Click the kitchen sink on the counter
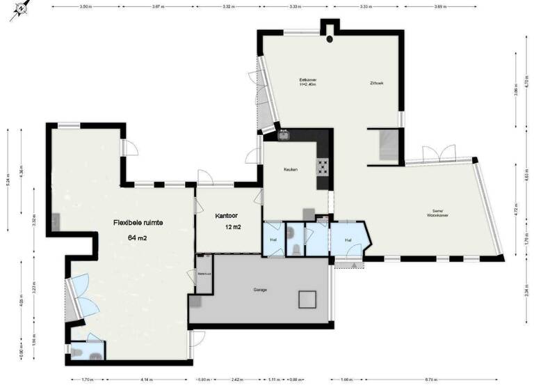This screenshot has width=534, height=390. (283, 136)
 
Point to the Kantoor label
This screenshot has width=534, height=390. (228, 216)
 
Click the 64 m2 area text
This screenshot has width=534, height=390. (138, 237)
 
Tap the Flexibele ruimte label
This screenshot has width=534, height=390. (138, 223)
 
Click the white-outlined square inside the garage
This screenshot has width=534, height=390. (309, 299)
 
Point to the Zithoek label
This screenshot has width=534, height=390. (377, 84)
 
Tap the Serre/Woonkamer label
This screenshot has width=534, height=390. (438, 214)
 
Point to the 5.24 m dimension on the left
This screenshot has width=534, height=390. (8, 177)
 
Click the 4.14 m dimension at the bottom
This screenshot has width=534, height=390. (145, 380)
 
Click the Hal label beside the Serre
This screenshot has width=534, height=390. (348, 240)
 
